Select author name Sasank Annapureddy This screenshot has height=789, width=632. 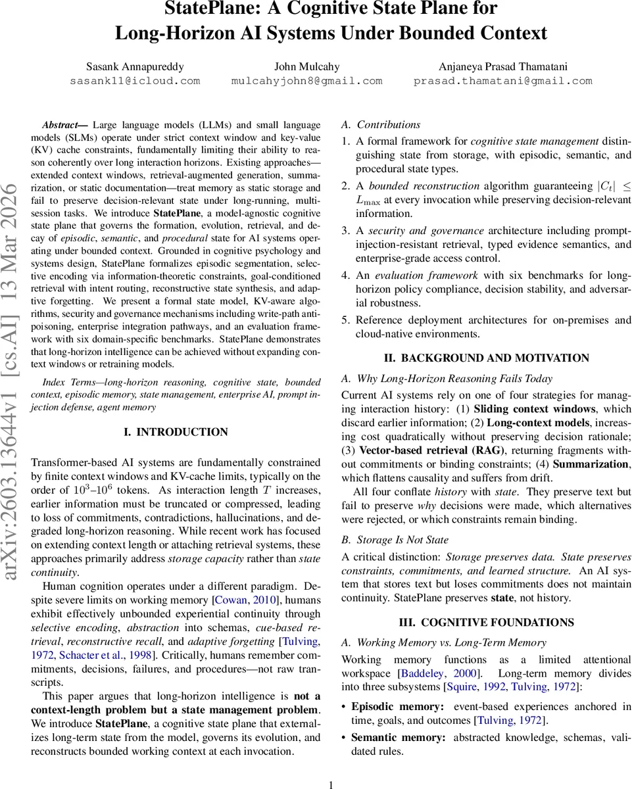(x=135, y=66)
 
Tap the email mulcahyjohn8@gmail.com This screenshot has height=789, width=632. (x=306, y=81)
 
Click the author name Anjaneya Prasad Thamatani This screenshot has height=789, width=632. (x=502, y=66)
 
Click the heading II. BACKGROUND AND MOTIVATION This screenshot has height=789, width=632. (x=486, y=358)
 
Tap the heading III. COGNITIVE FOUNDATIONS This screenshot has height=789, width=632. (x=486, y=623)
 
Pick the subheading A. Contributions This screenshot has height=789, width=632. (x=381, y=124)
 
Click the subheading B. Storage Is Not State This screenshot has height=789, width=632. (x=395, y=540)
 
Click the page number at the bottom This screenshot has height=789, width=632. (x=331, y=784)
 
